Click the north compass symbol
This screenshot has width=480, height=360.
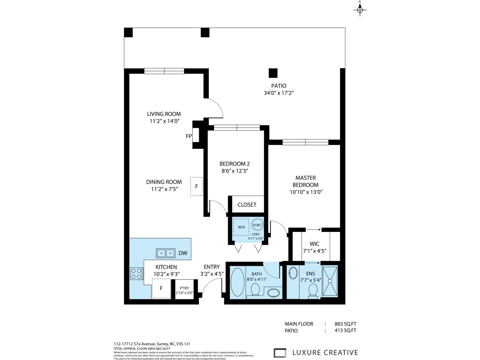pyautogui.click(x=360, y=10)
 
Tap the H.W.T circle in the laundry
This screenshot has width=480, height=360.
pyautogui.click(x=257, y=225)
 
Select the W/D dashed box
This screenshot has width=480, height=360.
pyautogui.click(x=241, y=227)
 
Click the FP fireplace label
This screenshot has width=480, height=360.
pyautogui.click(x=189, y=136)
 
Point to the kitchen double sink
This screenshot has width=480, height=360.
pyautogui.click(x=166, y=253)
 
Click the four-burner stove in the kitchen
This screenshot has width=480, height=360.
pyautogui.click(x=136, y=274)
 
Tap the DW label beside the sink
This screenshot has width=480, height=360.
pyautogui.click(x=183, y=253)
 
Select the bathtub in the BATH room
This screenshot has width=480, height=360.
pyautogui.click(x=238, y=282)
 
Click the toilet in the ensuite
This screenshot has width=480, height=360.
pyautogui.click(x=313, y=290)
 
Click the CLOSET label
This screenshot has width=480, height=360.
pyautogui.click(x=247, y=205)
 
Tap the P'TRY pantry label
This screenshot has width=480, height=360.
pyautogui.click(x=184, y=288)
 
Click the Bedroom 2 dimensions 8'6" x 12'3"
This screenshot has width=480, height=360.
pyautogui.click(x=235, y=171)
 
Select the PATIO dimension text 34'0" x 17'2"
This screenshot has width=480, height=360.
pyautogui.click(x=278, y=93)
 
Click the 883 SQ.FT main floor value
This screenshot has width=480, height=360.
pyautogui.click(x=345, y=324)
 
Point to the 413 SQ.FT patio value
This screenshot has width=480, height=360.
pyautogui.click(x=345, y=331)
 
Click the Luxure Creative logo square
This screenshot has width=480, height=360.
pyautogui.click(x=280, y=353)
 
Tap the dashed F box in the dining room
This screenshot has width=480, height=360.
pyautogui.click(x=196, y=186)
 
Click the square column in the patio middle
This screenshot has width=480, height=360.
pyautogui.click(x=273, y=73)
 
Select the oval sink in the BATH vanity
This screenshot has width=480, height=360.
pyautogui.click(x=273, y=292)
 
